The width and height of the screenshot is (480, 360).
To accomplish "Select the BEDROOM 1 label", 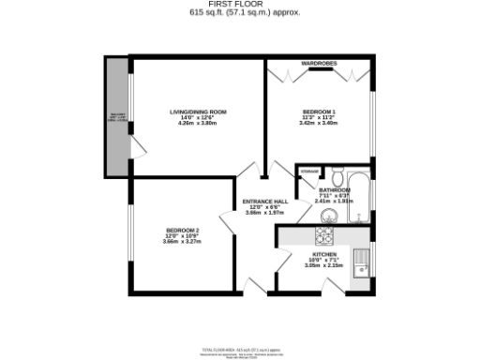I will [x=318, y=111].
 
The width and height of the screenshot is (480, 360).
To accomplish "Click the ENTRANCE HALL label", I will [x=265, y=202].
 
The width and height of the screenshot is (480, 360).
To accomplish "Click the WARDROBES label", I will [x=319, y=63].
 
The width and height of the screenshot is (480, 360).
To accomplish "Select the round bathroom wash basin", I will [x=324, y=216].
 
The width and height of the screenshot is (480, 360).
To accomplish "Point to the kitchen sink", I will [x=360, y=258].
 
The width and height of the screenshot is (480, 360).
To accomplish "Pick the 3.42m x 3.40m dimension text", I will [x=318, y=123].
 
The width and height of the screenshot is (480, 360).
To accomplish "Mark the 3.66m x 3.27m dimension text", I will [x=182, y=243].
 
